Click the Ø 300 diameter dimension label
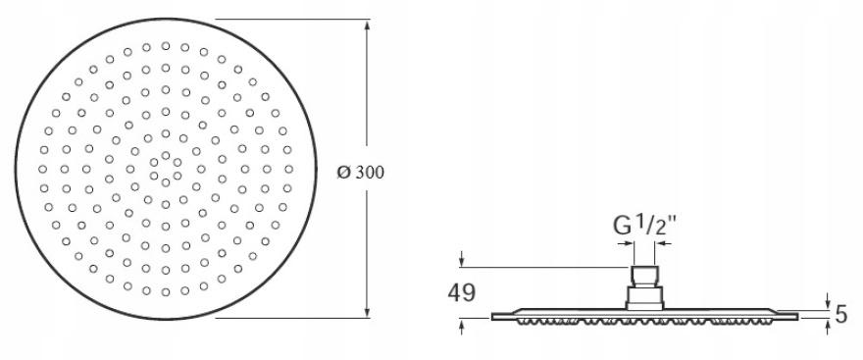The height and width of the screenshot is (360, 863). point(361,173)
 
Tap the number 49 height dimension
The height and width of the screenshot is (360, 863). point(461,293)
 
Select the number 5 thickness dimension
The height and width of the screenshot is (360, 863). point(841,314)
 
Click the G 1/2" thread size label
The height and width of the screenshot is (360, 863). point(644,226)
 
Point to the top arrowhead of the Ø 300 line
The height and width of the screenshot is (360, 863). point(367,26)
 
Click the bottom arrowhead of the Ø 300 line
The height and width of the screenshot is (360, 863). point(367,312)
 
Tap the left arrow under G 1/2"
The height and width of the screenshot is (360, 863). point(627,243)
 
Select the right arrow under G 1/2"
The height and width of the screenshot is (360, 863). point(663,243)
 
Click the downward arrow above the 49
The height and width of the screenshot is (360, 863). point(462,259)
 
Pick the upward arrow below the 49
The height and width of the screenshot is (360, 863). point(462,327)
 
